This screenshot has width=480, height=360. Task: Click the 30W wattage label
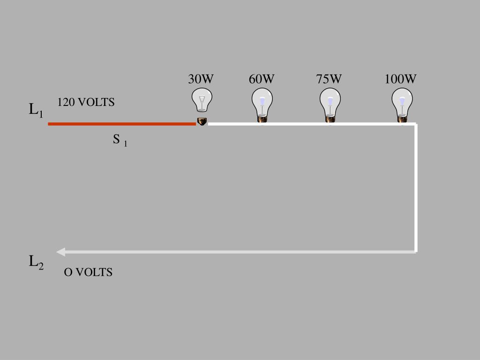point(201,79)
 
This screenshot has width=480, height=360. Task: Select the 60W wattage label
point(262,79)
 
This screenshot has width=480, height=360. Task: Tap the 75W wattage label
point(329,79)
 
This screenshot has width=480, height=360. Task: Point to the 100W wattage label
point(400,79)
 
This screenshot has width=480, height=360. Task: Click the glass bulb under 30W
point(202,99)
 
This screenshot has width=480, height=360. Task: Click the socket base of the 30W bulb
point(202,121)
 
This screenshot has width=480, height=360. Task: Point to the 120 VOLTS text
point(86,102)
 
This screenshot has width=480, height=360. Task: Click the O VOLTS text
point(88,272)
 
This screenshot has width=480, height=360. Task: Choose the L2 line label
point(36,262)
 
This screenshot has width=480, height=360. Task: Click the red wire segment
point(122,124)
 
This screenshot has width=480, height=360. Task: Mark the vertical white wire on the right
point(416,187)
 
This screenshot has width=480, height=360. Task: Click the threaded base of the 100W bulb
point(402,120)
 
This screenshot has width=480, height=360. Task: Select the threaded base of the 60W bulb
point(262,120)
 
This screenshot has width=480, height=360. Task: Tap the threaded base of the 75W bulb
point(330,120)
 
